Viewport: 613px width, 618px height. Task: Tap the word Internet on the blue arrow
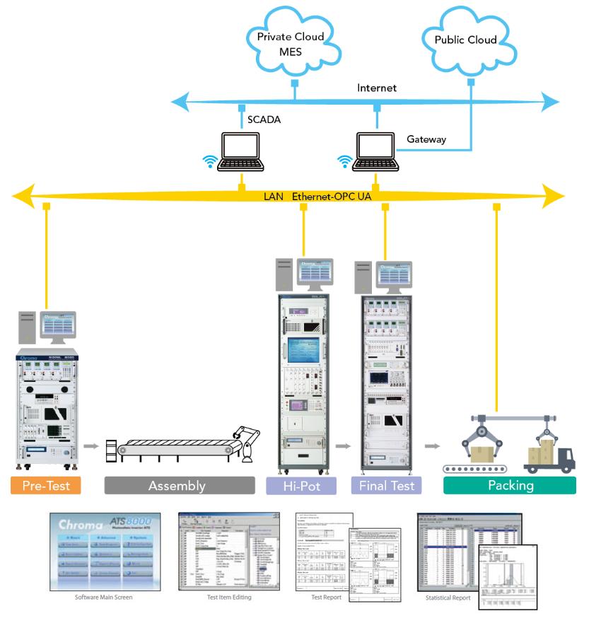pos(377,88)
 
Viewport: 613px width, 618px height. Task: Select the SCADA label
pos(264,119)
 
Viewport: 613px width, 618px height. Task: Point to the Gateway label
pos(426,139)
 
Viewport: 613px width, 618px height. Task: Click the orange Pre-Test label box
pos(46,486)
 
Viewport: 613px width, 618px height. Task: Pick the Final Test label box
pos(387,486)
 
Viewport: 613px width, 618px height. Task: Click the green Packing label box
pos(509,486)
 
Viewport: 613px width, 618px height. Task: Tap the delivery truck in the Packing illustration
pos(549,456)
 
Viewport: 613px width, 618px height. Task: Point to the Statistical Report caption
pos(448,597)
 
